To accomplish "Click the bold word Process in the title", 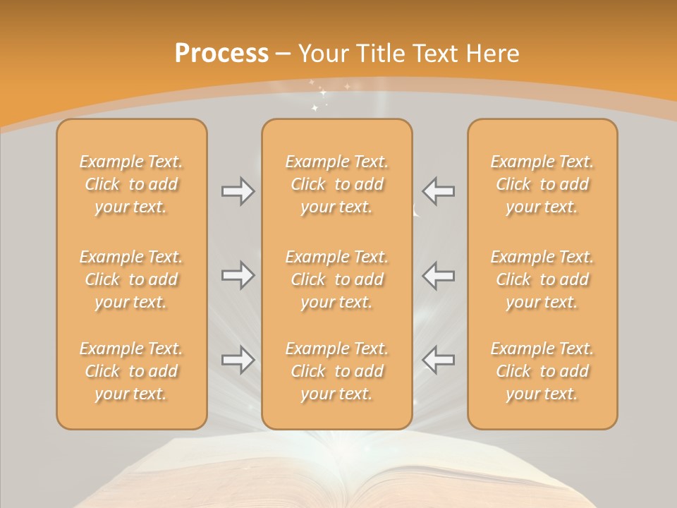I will (221, 54).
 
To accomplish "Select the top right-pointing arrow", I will (238, 191).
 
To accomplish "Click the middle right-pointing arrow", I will (238, 274).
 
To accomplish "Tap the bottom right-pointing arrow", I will (238, 360).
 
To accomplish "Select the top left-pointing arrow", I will (438, 191).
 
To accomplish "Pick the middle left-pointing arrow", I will (438, 274).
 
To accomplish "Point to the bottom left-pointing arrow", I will (438, 360).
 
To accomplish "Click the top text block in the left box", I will (131, 184).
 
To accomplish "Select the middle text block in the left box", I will (131, 279).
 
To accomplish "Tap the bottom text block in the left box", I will (131, 371).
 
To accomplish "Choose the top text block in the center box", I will (336, 184).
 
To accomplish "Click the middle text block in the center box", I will (336, 279).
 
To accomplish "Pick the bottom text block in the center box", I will (336, 371).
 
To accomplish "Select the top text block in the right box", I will (542, 184).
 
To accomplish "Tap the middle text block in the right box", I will (542, 279).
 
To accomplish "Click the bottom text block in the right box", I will (542, 371).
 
